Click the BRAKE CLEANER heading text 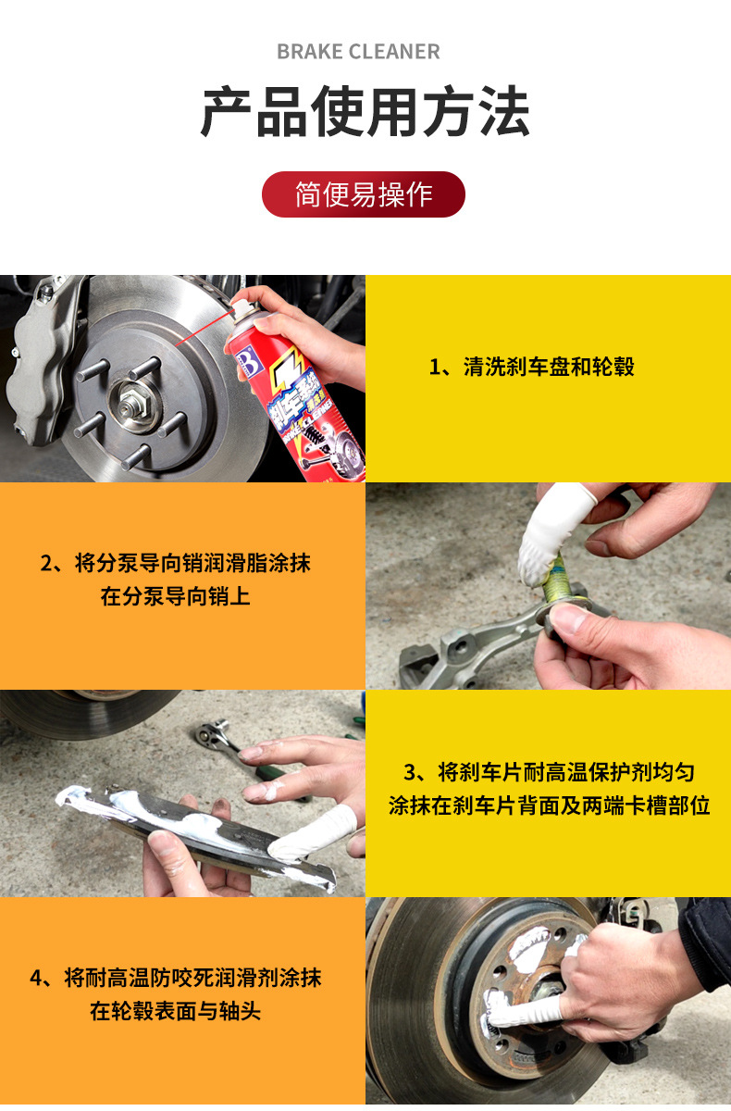(x=358, y=52)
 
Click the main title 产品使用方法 (x=365, y=113)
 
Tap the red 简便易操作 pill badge (x=364, y=194)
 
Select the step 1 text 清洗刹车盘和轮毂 (x=532, y=367)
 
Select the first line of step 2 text (x=175, y=563)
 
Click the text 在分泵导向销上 (x=175, y=596)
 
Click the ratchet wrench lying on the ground (x=222, y=741)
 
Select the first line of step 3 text (x=549, y=771)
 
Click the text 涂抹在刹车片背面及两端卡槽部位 (x=549, y=805)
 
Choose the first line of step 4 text (x=175, y=978)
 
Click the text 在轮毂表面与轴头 (x=175, y=1011)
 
